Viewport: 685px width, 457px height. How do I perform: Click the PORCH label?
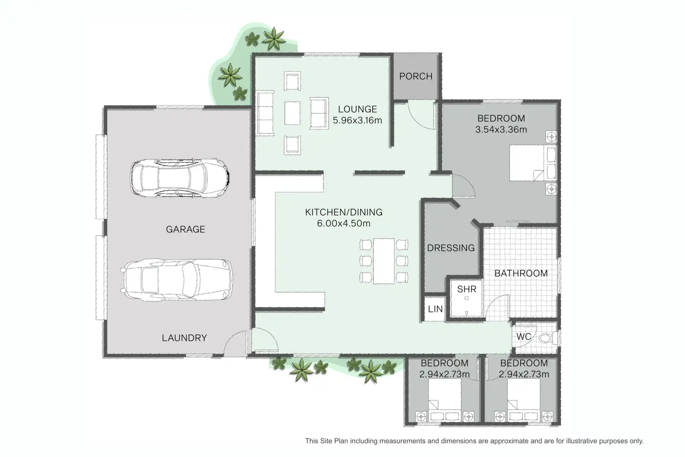(x=416, y=76)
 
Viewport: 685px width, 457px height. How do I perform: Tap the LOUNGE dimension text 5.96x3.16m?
(x=357, y=121)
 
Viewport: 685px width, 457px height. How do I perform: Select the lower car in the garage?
(x=177, y=279)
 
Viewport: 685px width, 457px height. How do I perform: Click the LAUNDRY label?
(x=184, y=338)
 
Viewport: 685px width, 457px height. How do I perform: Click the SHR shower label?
(x=466, y=289)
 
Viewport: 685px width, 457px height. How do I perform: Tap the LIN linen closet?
(x=435, y=309)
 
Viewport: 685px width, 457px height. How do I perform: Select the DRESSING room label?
(x=450, y=248)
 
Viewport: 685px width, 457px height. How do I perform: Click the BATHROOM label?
(x=521, y=274)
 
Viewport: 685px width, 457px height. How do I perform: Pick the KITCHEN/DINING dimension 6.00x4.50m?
(x=343, y=223)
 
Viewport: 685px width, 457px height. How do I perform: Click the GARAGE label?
(x=185, y=229)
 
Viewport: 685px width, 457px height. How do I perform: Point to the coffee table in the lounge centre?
(x=292, y=113)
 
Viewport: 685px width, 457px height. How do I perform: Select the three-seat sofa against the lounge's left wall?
(x=265, y=113)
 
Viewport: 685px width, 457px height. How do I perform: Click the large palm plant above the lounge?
(x=274, y=39)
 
